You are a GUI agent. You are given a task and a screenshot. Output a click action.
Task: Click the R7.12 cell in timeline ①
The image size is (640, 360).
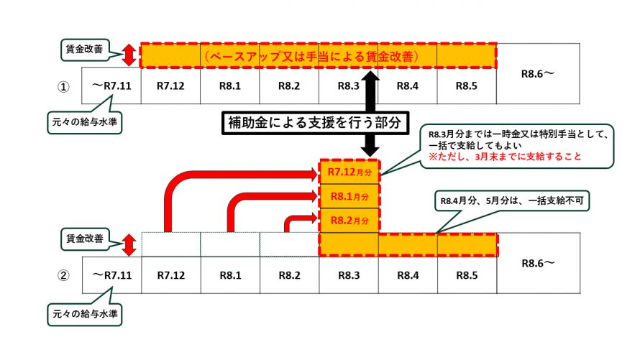[x=170, y=86]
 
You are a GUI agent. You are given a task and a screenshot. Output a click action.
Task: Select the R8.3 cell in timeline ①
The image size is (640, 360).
[x=347, y=86]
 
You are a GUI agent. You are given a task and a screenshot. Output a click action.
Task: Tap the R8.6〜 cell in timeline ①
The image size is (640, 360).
[x=537, y=74]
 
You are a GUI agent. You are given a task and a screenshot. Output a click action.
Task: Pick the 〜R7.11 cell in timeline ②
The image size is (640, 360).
[x=112, y=274]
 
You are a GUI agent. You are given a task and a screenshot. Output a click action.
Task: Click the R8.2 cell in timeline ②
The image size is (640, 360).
[x=288, y=274]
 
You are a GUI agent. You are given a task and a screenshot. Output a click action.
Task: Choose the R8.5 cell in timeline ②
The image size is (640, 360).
[x=467, y=274]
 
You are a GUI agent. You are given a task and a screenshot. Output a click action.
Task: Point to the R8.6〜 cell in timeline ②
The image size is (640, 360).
[x=537, y=263]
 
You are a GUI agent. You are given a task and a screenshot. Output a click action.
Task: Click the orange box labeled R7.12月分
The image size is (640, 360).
[x=347, y=172]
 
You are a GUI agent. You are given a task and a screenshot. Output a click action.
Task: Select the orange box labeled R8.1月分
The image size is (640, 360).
[x=347, y=195]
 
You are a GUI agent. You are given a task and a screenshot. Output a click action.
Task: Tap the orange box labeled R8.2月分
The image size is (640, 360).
[x=347, y=219]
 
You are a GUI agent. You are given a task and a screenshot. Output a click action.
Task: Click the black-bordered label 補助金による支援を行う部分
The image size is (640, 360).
[x=312, y=123]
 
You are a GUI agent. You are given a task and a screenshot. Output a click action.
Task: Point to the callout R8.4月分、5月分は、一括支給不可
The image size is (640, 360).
[x=511, y=202]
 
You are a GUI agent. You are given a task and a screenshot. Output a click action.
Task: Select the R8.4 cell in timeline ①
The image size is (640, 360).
[x=407, y=86]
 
